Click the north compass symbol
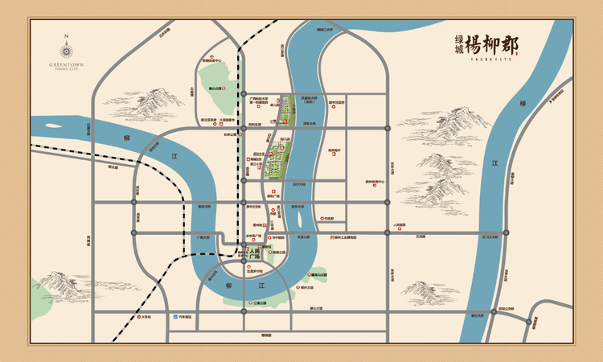tap(67, 43)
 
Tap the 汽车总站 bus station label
tap(186, 317)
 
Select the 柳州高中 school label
tap(335, 150)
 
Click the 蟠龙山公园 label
tap(318, 276)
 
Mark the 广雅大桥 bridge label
tap(203, 237)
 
